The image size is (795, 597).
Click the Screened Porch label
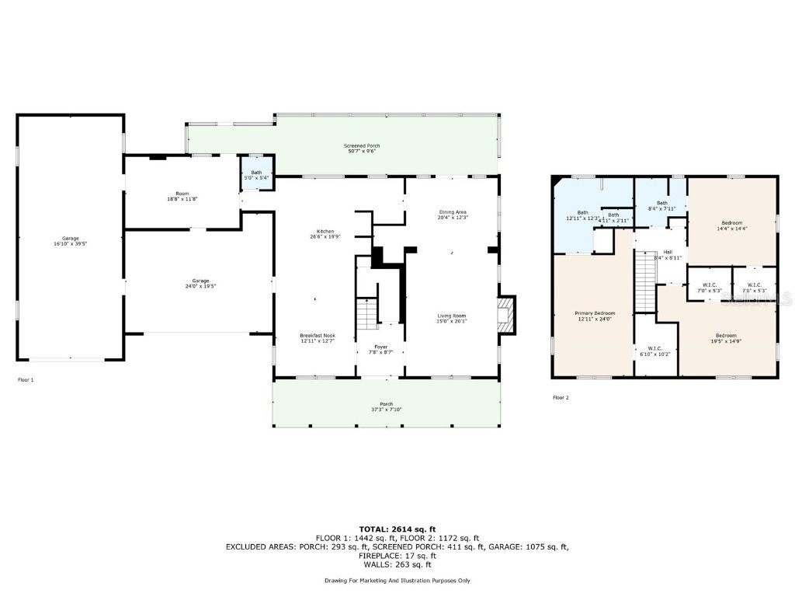click(362, 148)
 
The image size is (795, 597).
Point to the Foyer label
click(380, 349)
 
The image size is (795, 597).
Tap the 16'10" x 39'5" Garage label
click(71, 241)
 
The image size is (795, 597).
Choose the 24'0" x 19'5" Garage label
click(200, 284)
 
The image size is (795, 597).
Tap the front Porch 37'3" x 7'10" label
click(386, 407)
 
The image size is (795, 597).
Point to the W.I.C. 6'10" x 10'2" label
click(649, 351)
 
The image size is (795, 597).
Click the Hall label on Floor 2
click(667, 254)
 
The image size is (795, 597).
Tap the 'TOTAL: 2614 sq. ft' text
click(397, 529)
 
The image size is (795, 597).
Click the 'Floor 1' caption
click(26, 380)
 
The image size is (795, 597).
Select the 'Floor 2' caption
click(561, 397)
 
